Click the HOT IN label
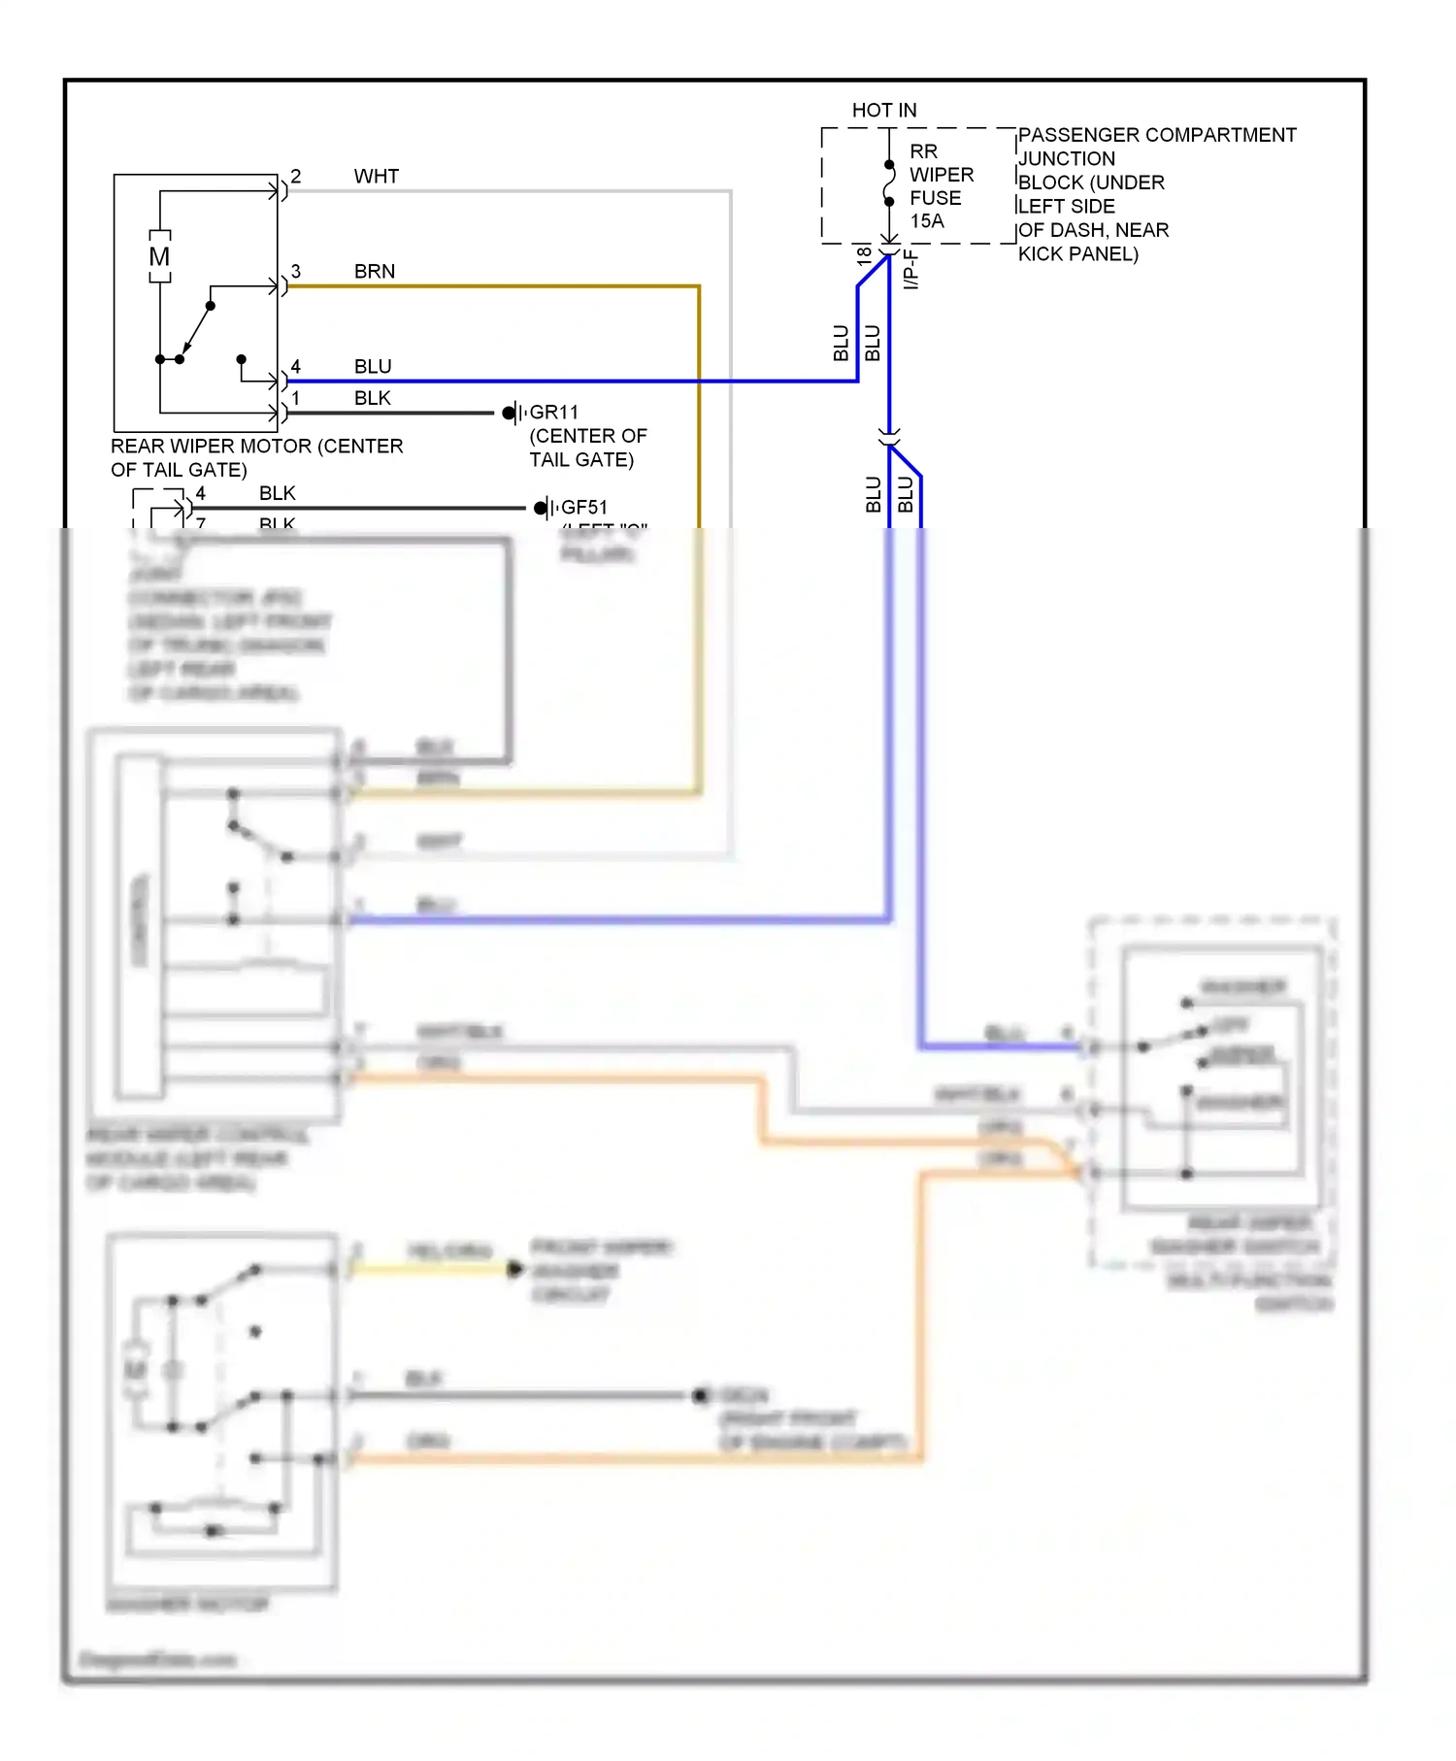click(x=883, y=111)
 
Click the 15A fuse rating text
click(x=926, y=221)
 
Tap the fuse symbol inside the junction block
click(x=889, y=184)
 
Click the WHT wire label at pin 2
click(x=376, y=177)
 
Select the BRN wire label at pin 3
click(x=374, y=272)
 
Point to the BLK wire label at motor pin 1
click(x=372, y=398)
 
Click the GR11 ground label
click(x=553, y=413)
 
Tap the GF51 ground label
click(x=584, y=508)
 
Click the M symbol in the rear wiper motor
click(x=159, y=257)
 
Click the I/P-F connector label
click(x=910, y=269)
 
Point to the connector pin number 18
click(x=864, y=257)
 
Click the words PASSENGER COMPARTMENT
click(x=1156, y=135)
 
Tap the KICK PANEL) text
click(x=1077, y=254)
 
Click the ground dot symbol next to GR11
click(x=509, y=414)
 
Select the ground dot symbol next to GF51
click(x=541, y=508)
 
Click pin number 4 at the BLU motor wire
click(x=296, y=367)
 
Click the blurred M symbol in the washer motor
click(x=136, y=1370)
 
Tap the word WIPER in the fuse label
click(x=941, y=176)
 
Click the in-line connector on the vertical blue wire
click(x=889, y=437)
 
